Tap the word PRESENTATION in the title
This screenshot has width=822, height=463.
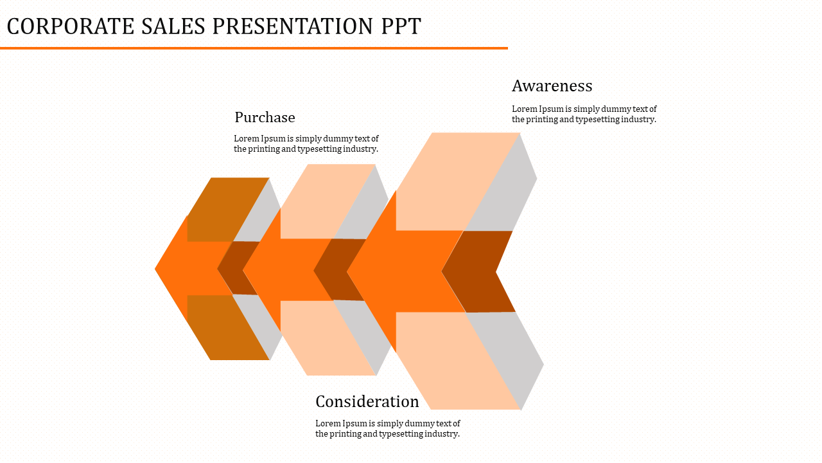click(293, 26)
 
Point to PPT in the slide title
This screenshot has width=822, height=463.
click(401, 26)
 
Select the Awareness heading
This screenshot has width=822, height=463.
click(552, 86)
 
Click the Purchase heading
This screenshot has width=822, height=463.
click(265, 117)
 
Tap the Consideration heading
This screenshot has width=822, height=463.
click(367, 401)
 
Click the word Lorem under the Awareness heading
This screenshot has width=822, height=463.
click(523, 109)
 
